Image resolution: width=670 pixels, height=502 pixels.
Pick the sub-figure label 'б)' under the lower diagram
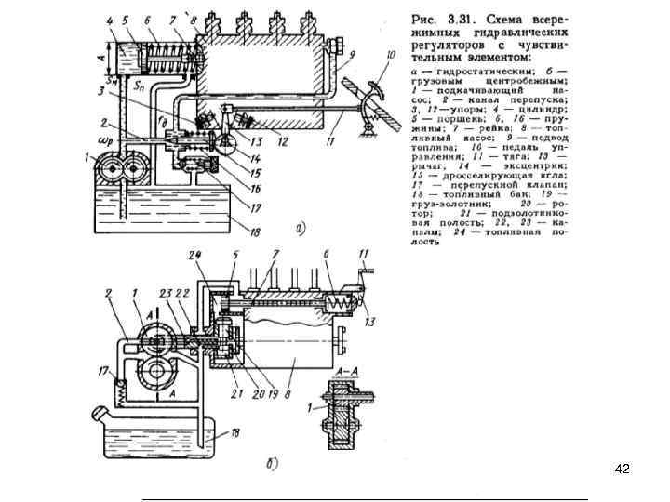[271, 465]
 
